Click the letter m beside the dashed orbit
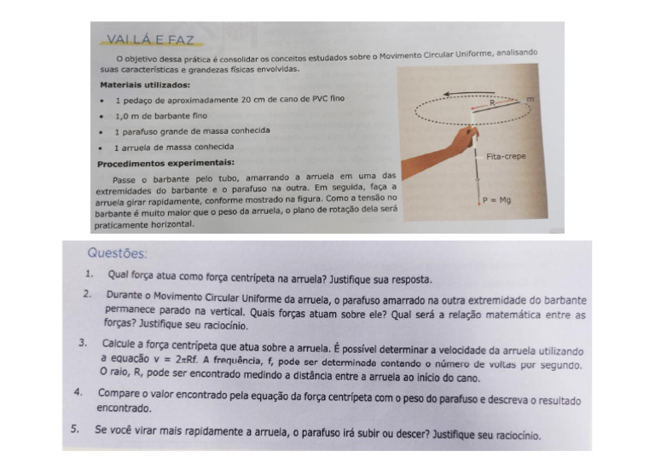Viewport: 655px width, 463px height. pos(530,100)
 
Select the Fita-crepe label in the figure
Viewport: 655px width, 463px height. pos(504,157)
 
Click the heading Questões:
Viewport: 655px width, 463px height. pos(117,253)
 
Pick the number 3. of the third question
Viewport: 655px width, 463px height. pos(84,343)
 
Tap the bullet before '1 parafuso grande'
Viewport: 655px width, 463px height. pos(103,131)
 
